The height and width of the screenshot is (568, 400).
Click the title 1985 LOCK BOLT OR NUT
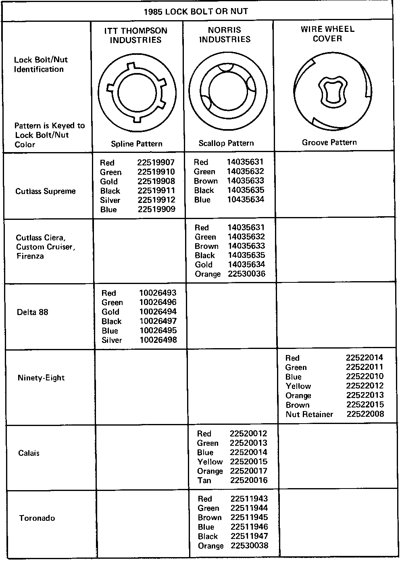[196, 11]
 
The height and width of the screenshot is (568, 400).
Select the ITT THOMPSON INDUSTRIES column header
[135, 35]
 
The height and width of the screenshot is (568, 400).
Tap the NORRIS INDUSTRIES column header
[225, 35]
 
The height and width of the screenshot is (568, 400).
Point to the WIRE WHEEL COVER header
[327, 34]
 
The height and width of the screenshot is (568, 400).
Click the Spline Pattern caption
[137, 144]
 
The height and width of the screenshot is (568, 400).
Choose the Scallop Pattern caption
[226, 143]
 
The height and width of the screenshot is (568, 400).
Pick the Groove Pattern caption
[329, 142]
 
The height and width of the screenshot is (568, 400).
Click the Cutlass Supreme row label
[45, 191]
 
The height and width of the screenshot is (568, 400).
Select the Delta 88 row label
[32, 312]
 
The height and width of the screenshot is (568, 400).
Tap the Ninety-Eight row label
[41, 378]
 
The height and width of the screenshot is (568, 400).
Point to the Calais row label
[29, 453]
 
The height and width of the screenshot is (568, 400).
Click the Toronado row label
[37, 518]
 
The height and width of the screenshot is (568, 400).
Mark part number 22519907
[156, 163]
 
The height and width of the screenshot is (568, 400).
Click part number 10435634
[245, 199]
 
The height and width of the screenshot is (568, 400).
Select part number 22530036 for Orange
[247, 274]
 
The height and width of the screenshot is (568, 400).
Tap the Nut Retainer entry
[309, 414]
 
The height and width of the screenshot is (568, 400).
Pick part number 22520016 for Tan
[248, 480]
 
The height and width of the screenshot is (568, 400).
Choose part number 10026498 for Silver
[158, 340]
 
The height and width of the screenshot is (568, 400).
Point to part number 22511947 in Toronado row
[249, 536]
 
